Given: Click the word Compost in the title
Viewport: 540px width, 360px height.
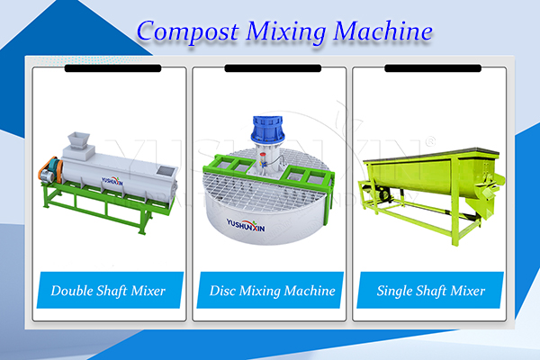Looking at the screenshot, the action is point(188,32).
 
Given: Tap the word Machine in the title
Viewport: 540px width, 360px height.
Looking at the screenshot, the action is point(383,31).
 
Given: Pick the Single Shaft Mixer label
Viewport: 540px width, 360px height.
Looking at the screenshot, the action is point(430,291).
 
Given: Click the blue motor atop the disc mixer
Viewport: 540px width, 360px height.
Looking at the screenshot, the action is point(268,130).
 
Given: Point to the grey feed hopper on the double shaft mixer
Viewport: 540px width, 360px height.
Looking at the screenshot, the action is point(78,140).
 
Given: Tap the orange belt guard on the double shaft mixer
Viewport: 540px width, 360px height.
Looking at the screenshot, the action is point(50,169).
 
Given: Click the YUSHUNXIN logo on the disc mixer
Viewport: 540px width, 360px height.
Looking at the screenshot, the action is point(246,225).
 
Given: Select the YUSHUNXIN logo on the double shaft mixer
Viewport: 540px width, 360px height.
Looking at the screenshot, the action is point(112,181).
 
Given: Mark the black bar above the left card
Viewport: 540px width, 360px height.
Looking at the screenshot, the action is point(113,68).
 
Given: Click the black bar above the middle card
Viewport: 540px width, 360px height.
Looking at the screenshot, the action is point(273,68).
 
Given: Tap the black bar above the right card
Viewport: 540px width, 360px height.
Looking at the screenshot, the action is point(433,68).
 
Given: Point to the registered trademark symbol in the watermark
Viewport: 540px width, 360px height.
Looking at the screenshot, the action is point(430,141).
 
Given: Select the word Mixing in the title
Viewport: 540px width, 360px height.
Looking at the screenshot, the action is point(286,32).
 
